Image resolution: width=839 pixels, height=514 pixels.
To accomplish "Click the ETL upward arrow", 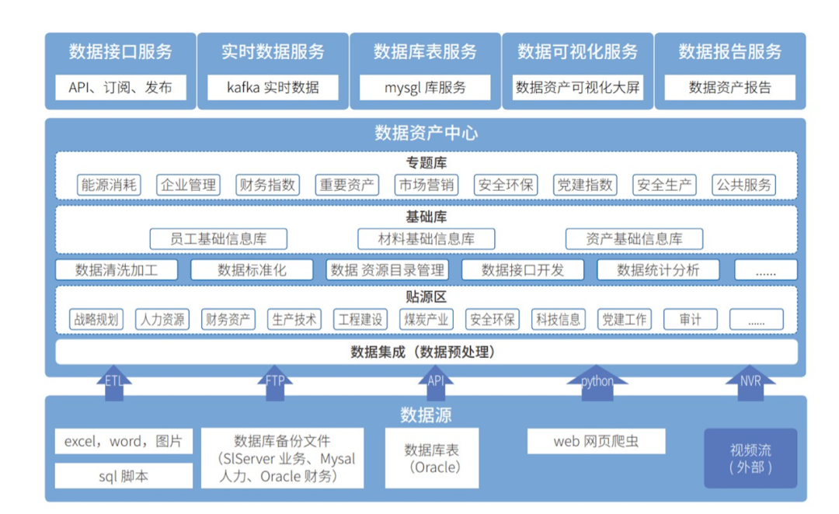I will click(x=114, y=384).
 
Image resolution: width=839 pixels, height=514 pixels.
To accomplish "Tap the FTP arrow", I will click(x=275, y=384).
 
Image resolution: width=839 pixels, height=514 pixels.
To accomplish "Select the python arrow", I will click(x=597, y=384).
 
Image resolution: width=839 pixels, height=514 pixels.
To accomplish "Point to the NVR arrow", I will click(x=750, y=384).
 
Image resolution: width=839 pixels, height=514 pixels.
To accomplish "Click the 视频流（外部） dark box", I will click(x=750, y=458).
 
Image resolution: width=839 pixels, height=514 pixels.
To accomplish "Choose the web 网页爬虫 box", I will click(x=596, y=442).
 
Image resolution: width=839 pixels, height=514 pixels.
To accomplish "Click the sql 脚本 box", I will click(x=124, y=476).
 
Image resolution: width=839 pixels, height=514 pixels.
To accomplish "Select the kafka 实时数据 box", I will click(x=273, y=87).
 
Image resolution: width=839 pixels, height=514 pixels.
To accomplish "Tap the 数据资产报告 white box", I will click(x=729, y=87).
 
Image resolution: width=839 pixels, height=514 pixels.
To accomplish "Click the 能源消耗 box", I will click(x=110, y=185).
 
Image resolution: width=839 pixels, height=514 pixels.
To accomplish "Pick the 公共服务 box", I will click(x=744, y=185).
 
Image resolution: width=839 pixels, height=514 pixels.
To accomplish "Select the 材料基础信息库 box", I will click(x=426, y=238).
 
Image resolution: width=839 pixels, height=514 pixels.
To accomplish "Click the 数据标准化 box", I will click(x=252, y=269).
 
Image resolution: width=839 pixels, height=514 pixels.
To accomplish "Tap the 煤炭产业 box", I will click(x=426, y=319).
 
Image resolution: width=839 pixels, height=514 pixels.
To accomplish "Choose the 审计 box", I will click(x=689, y=319).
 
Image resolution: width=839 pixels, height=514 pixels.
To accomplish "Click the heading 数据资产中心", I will click(x=426, y=133).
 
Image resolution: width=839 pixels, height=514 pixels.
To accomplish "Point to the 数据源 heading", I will click(x=426, y=415).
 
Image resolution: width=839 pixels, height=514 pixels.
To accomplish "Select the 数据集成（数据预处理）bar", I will click(x=426, y=352).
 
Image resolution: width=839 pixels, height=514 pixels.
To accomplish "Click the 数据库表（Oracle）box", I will click(x=432, y=458).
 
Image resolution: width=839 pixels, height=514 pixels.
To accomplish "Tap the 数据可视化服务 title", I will click(x=577, y=52).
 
